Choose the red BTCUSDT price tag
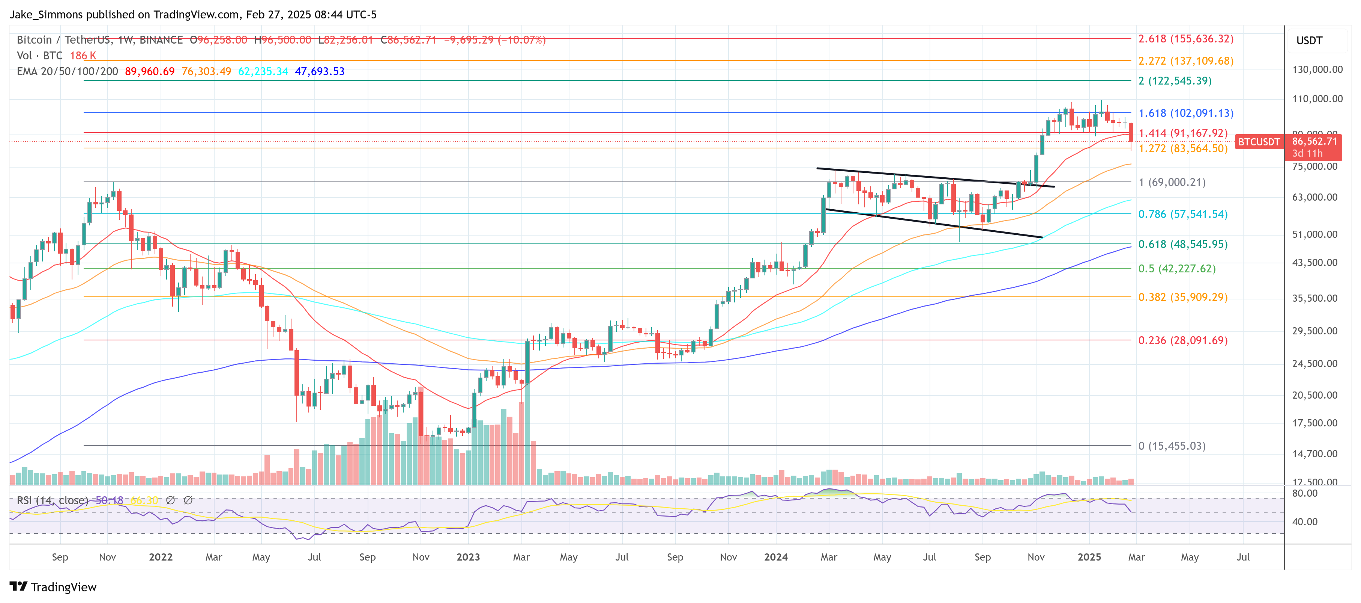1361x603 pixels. (1259, 142)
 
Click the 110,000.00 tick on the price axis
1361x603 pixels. (1317, 99)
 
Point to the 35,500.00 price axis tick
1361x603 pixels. (1314, 298)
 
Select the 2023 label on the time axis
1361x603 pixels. (468, 557)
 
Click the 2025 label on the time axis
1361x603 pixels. (1089, 557)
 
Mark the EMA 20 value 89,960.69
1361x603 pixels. (150, 71)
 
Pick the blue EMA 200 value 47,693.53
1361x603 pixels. (319, 71)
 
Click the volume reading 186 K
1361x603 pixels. (83, 56)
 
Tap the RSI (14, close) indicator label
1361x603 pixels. (52, 500)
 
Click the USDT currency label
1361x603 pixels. (1309, 41)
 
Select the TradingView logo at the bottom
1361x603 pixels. (53, 587)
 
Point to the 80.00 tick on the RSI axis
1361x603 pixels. (1304, 494)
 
